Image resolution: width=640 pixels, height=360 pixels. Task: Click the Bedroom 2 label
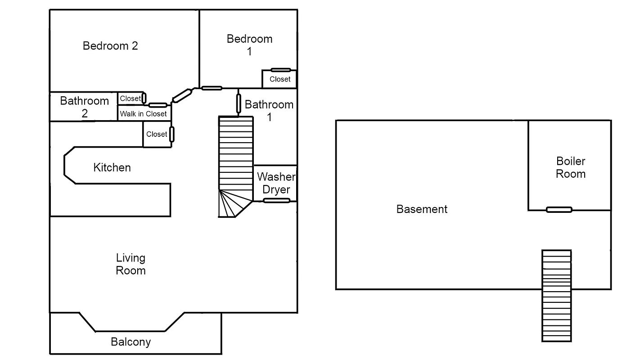pos(110,46)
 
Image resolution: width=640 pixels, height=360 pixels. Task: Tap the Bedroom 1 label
pos(249,45)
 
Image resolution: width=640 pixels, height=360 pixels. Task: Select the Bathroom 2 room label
pos(85,107)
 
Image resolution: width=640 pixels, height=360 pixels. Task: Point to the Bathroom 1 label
pos(269,111)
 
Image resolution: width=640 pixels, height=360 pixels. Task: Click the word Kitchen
pos(112,168)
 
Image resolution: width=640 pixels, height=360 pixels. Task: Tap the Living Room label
pos(131,264)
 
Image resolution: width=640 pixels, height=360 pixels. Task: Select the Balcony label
pos(131,342)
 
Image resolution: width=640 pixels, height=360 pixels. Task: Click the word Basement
pos(422,209)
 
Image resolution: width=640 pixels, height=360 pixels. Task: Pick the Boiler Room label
pos(570,167)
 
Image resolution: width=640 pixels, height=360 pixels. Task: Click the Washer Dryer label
pos(276,183)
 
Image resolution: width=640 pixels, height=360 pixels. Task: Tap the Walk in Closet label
pos(143,114)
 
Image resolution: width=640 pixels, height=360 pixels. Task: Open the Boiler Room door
pos(559,210)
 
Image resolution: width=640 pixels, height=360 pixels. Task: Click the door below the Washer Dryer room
pos(276,201)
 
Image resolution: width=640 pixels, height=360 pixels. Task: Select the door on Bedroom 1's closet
pos(280,70)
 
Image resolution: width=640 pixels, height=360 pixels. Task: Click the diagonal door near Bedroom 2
pos(182,95)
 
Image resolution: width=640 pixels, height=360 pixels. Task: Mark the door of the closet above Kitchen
pos(171,134)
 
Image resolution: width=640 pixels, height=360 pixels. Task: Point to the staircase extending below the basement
pos(556,296)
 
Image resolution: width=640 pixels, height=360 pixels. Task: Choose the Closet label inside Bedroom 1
pos(280,79)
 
